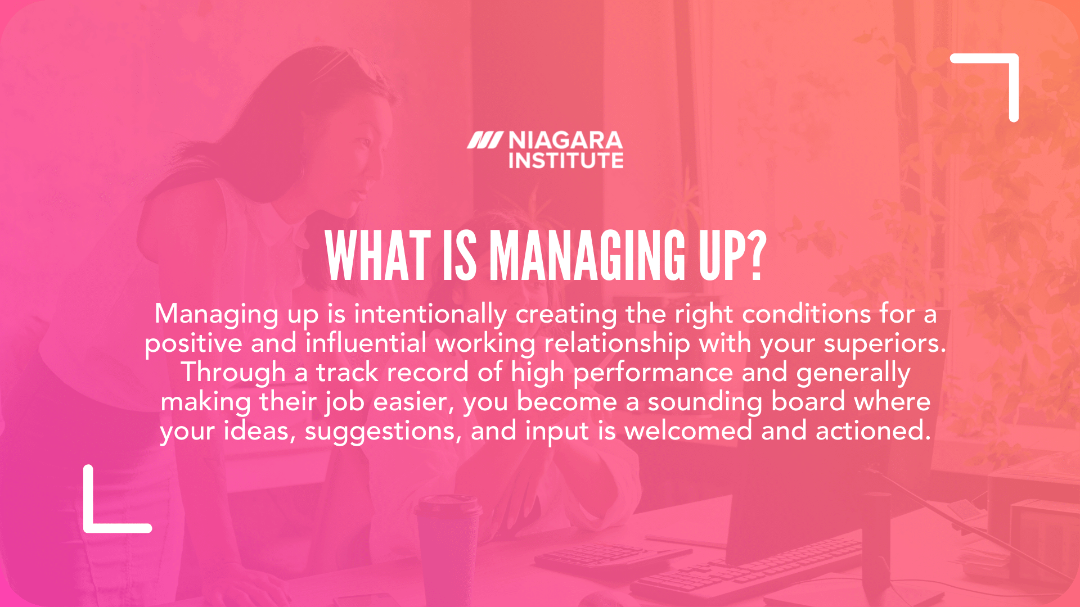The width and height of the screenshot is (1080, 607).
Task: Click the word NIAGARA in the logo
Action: pos(565,141)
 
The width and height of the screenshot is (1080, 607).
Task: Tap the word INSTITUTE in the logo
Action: pos(565,161)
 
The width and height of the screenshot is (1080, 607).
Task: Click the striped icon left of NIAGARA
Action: pos(484,141)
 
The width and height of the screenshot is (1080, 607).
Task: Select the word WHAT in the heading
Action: pos(377,256)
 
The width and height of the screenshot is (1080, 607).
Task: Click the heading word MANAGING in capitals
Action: pos(588,256)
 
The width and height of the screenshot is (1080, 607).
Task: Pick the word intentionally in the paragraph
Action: pos(430,314)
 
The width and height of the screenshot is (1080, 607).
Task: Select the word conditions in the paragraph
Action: pos(806,314)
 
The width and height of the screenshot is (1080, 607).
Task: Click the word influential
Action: pos(366,343)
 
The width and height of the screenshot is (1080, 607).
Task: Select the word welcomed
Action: pos(688,431)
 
